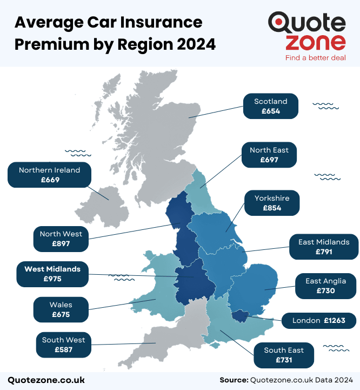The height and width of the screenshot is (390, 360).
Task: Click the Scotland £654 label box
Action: [270, 106]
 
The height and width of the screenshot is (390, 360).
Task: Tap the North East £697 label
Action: [269, 155]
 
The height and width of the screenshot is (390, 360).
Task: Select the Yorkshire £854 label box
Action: [272, 203]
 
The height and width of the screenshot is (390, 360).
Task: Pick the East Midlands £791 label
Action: [324, 247]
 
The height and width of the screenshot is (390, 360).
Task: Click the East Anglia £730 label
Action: [325, 286]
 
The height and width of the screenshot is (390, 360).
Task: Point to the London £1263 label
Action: [318, 321]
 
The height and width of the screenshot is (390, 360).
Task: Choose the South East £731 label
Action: [284, 355]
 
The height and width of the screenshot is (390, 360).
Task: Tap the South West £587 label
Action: [64, 345]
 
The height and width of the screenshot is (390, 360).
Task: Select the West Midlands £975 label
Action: [52, 274]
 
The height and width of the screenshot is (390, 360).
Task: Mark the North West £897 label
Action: [61, 239]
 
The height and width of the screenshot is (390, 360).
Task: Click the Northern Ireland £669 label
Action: [49, 175]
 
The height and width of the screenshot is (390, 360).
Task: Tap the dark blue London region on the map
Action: [240, 316]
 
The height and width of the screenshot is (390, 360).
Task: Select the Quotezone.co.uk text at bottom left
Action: [46, 380]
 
